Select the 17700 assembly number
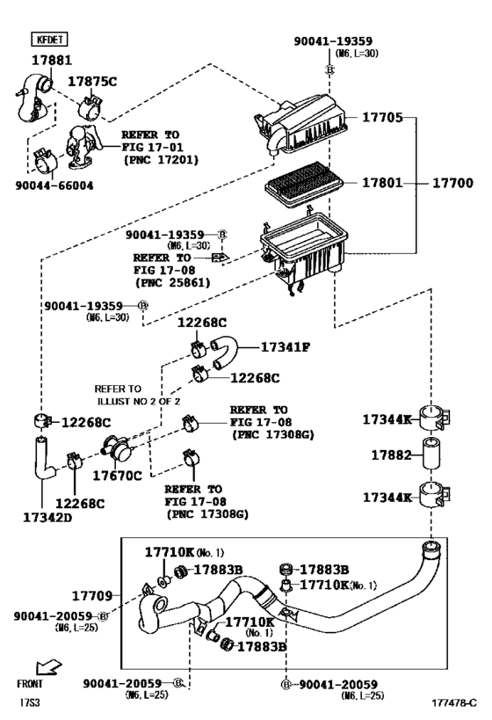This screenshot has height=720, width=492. pos(452,184)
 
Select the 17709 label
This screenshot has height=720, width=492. pos(92,595)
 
